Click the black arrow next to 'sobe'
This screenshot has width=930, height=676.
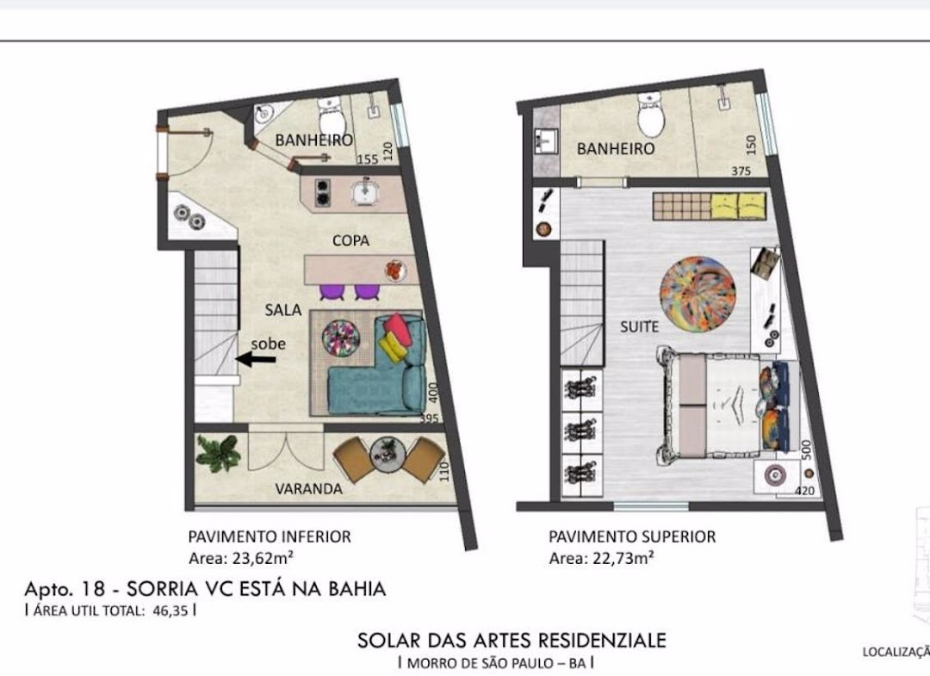tap(256, 359)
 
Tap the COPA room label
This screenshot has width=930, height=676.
tap(350, 241)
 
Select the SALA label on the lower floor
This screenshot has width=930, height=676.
tap(283, 309)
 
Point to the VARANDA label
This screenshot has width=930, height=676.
tap(308, 488)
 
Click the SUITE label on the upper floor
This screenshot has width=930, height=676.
tap(639, 326)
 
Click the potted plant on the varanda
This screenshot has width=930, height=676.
tap(218, 454)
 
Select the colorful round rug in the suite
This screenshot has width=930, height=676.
tap(698, 295)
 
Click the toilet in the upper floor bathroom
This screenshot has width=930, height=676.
tap(651, 115)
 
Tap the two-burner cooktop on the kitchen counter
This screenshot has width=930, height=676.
tap(323, 192)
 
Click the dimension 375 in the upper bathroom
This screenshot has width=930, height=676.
tap(741, 171)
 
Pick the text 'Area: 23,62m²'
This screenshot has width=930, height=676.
tap(241, 558)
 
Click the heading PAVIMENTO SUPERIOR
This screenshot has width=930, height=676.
tap(632, 536)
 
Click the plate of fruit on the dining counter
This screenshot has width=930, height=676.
tap(395, 271)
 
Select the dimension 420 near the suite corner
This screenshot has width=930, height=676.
tap(804, 490)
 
